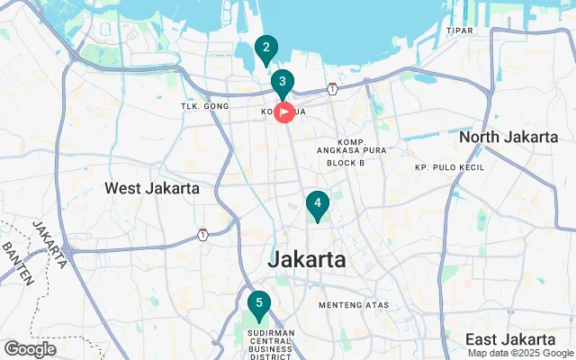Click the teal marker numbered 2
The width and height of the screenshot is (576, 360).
click(x=265, y=49)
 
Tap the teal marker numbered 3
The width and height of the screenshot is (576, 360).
click(x=283, y=83)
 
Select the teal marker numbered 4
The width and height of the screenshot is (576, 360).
click(x=317, y=204)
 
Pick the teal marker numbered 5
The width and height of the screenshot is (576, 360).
click(x=258, y=304)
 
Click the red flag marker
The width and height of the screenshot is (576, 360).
click(x=283, y=112)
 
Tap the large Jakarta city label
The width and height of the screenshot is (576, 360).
click(x=307, y=259)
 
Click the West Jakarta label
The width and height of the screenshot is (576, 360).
click(x=152, y=188)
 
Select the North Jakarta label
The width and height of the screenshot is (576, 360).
click(x=508, y=137)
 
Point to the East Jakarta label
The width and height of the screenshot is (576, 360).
click(x=511, y=339)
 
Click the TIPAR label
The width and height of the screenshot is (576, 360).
click(x=459, y=31)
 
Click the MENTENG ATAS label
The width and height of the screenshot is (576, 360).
click(x=354, y=305)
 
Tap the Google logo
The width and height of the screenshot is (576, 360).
click(x=31, y=348)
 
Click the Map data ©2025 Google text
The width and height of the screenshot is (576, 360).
click(x=518, y=353)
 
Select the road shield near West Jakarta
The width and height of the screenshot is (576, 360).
click(x=204, y=235)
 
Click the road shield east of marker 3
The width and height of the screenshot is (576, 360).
click(x=333, y=88)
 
